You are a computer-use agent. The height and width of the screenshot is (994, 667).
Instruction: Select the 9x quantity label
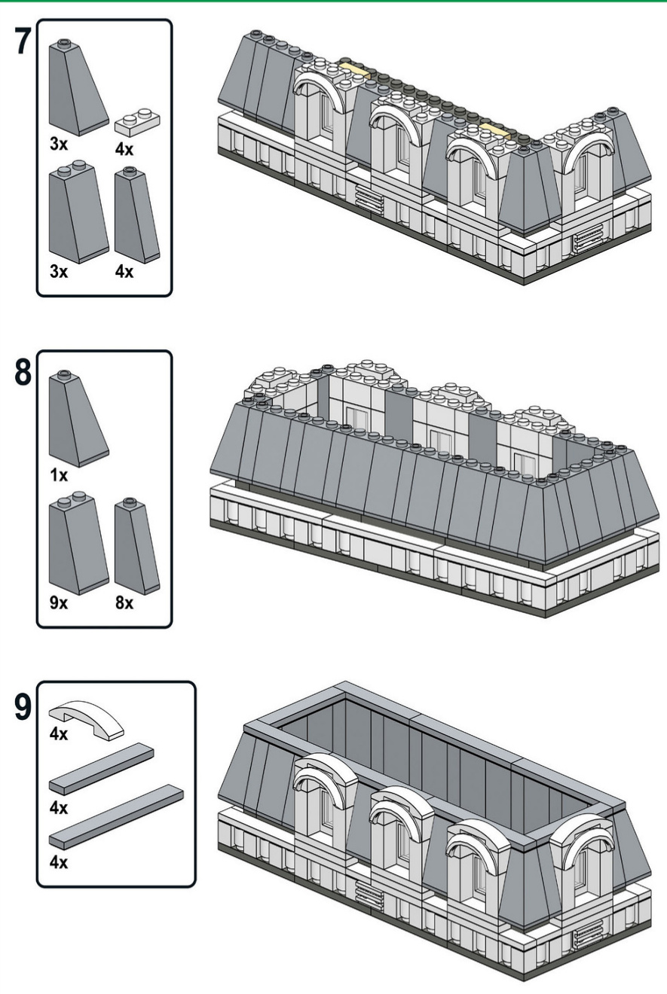pyautogui.click(x=59, y=603)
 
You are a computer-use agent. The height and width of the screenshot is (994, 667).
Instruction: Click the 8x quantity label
pyautogui.click(x=125, y=603)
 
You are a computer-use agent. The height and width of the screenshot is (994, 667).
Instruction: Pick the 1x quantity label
pyautogui.click(x=59, y=476)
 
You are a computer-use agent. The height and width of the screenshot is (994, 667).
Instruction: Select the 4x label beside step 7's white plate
pyautogui.click(x=125, y=149)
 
